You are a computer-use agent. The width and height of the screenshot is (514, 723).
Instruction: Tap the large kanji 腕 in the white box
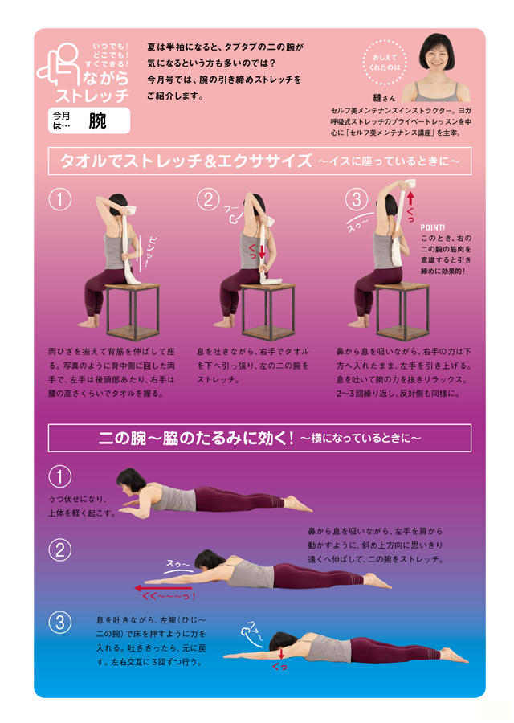coord(97,120)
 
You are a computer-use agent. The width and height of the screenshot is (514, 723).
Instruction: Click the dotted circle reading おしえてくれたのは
coord(384,63)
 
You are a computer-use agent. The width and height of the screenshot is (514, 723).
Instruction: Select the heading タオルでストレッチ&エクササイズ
coord(186,161)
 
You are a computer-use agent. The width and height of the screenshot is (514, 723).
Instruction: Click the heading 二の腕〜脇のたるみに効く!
coord(196,438)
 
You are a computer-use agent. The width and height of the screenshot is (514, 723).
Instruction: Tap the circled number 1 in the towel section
coord(60,200)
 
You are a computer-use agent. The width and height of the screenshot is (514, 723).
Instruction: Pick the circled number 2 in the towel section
coord(208,200)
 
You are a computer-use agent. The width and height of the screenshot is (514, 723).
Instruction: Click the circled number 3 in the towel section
coord(357,200)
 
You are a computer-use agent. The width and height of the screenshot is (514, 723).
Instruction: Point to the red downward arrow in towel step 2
coord(262,251)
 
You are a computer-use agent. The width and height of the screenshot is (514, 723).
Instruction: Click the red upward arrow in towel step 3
coord(410,201)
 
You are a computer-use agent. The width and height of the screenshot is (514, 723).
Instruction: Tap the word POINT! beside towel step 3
coord(433,227)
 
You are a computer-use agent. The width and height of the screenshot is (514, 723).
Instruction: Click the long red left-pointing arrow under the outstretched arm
coord(163,588)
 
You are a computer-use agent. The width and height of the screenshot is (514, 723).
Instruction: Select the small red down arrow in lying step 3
coord(281,654)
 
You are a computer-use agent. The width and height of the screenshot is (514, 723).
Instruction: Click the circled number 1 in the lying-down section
coord(60,476)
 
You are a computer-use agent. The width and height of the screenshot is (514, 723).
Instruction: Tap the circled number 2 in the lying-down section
coord(60,549)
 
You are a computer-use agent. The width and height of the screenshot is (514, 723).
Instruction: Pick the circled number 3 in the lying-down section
coord(60,623)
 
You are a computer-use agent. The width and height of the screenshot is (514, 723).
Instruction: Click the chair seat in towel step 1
coord(133,287)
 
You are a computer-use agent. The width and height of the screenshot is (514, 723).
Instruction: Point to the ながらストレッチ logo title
coord(92,86)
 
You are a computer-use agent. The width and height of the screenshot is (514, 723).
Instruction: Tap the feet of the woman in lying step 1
coord(297,504)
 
